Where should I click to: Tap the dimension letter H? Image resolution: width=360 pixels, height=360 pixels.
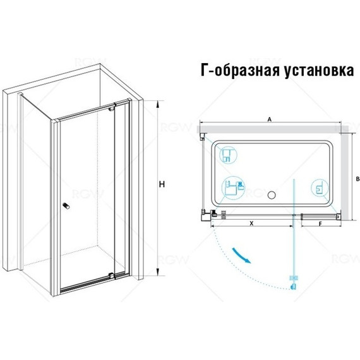click(x=162, y=184)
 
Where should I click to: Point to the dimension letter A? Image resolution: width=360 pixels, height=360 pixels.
click(x=270, y=119)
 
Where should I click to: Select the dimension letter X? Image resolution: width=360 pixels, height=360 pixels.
click(x=251, y=223)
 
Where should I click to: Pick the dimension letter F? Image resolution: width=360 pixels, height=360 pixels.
click(x=320, y=224)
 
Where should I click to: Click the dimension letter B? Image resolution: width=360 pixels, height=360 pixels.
click(x=357, y=179)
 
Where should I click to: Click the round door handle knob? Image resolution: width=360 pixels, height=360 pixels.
click(x=66, y=206)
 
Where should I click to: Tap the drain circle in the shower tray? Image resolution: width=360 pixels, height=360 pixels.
click(x=272, y=195)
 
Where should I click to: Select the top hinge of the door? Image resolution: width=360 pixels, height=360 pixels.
click(x=112, y=108)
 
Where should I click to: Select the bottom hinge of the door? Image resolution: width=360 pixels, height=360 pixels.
click(x=112, y=275)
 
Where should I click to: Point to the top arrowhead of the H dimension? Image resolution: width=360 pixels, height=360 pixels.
click(x=157, y=104)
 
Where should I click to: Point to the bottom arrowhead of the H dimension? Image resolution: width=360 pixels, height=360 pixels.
click(x=157, y=272)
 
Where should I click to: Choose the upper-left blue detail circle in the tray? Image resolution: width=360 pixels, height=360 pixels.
click(x=228, y=155)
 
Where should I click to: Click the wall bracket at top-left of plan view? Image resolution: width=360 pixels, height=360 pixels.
click(x=202, y=136)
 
